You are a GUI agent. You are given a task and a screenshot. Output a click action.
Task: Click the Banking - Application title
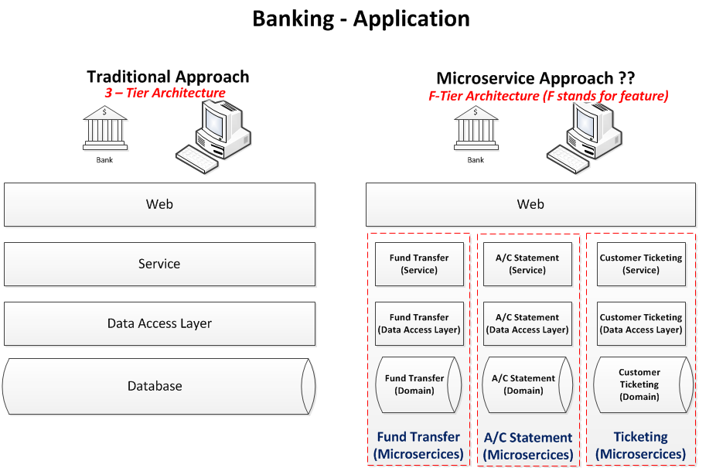[361, 19]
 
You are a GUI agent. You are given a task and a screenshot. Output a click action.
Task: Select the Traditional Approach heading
[168, 77]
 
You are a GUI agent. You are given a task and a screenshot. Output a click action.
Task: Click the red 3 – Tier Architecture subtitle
[165, 93]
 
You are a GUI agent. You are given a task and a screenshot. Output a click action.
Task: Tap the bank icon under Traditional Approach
[105, 129]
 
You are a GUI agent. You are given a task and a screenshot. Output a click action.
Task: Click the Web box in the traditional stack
[159, 204]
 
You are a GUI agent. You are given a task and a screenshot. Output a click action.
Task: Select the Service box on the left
[159, 264]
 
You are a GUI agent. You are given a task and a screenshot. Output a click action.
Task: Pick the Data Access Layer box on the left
[159, 323]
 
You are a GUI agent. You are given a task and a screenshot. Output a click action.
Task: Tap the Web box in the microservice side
[530, 204]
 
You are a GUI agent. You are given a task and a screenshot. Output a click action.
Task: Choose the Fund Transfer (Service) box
[419, 264]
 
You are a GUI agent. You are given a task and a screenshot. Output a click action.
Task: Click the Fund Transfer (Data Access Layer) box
[419, 323]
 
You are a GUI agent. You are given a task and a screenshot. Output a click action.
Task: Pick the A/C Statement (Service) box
[527, 264]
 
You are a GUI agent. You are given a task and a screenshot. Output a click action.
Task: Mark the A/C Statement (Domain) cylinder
[527, 384]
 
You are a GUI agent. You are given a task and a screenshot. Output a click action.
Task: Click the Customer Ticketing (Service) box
[641, 264]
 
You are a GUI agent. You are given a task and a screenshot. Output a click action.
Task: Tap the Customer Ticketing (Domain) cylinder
[641, 384]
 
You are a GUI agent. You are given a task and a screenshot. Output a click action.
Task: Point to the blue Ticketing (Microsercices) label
[641, 446]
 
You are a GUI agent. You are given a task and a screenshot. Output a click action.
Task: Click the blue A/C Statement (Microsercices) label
[528, 446]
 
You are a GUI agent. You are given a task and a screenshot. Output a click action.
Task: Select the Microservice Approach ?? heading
[535, 78]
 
